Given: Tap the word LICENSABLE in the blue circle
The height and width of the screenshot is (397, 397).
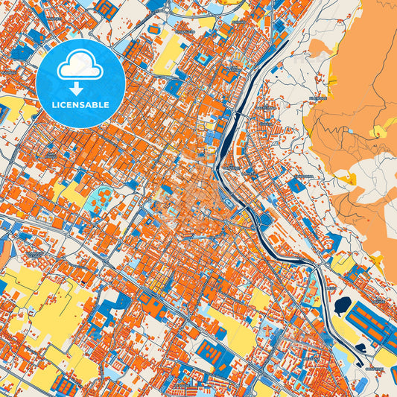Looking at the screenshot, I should click(x=80, y=105).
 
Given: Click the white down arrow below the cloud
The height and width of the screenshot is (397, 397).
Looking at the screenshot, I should click(x=80, y=87).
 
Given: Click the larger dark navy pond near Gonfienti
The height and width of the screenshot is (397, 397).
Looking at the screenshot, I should click(x=345, y=306).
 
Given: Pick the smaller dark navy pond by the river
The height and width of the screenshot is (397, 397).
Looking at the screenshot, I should click(x=361, y=346).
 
